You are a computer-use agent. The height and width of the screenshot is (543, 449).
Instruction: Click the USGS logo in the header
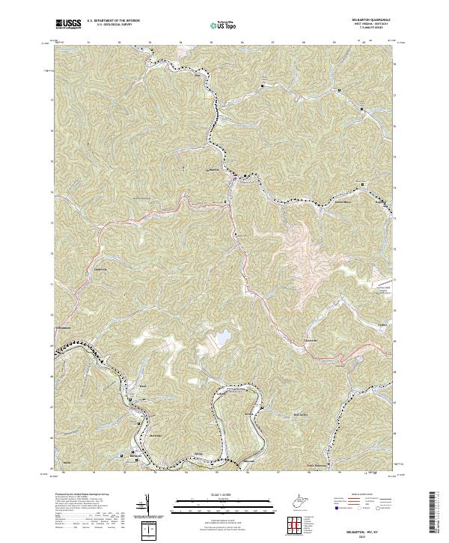pyautogui.click(x=69, y=24)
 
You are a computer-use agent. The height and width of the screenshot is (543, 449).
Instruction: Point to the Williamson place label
pyautogui.click(x=63, y=327)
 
